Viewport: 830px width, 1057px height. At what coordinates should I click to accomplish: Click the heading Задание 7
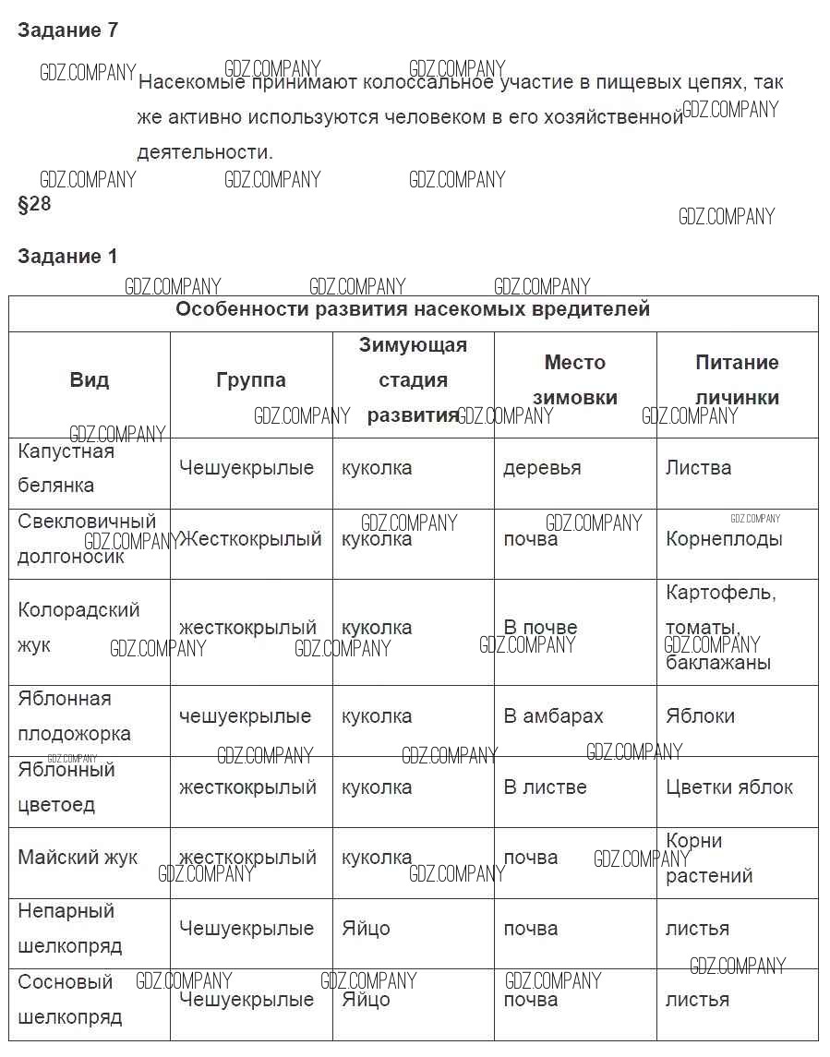pos(67,30)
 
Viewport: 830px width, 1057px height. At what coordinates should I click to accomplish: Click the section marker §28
pos(34,204)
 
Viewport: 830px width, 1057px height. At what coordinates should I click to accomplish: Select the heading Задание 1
pos(67,257)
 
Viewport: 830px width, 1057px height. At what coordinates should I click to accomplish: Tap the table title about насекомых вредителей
pos(413,309)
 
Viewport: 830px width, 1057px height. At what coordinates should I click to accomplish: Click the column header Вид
pos(90,379)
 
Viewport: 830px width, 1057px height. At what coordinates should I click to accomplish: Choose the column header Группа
pos(251,379)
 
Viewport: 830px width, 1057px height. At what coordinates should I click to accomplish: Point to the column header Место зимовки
pos(574,379)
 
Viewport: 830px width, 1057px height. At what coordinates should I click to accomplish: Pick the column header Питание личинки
pos(737,379)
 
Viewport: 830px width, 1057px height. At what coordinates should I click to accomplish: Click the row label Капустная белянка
pos(66,468)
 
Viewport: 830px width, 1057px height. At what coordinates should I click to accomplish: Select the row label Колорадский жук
pos(78,627)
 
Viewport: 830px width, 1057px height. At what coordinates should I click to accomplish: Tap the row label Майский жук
pos(78,858)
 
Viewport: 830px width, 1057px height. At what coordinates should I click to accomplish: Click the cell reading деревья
pos(542,468)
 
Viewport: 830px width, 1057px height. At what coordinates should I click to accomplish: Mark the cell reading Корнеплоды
pos(724,539)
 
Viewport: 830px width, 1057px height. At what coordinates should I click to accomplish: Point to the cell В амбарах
pos(553,716)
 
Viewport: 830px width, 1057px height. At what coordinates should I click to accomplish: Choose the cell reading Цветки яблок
pos(729,787)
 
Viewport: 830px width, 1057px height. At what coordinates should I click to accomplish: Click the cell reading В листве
pos(545,787)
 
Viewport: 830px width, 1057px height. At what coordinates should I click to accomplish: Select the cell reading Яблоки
pos(700,716)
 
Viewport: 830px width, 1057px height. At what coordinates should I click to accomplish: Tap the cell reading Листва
pos(698,468)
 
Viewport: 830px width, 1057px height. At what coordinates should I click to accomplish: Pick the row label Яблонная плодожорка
pos(74,716)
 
